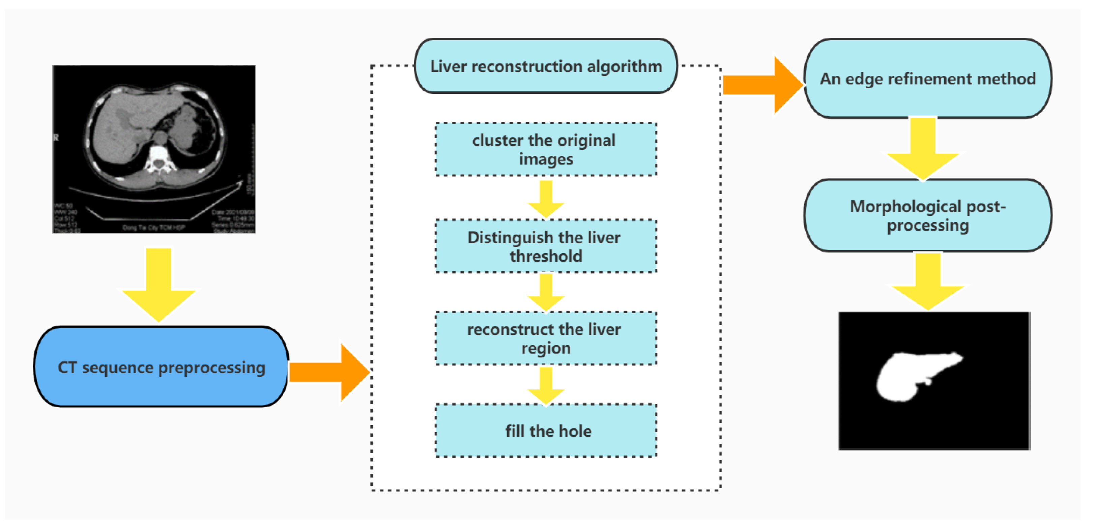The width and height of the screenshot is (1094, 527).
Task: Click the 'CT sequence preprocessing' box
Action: (162, 367)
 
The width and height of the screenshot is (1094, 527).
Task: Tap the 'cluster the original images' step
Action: (546, 149)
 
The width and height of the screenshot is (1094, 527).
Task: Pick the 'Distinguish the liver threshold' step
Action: (546, 246)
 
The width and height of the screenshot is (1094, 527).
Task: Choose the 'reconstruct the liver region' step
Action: (546, 339)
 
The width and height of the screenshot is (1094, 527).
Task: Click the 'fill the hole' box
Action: (546, 431)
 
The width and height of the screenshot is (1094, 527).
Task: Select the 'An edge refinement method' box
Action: (928, 79)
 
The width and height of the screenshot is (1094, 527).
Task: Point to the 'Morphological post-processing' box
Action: (928, 215)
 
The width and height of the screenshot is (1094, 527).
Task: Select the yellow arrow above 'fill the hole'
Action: (546, 385)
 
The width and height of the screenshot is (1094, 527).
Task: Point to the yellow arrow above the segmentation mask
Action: (928, 283)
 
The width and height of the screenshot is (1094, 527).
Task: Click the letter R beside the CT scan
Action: (56, 138)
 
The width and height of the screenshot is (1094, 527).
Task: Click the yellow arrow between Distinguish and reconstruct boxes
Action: (546, 292)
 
